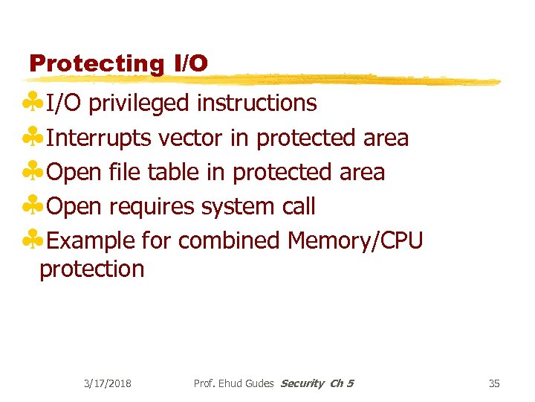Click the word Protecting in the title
(95, 63)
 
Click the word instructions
(256, 103)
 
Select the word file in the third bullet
(124, 172)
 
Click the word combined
(229, 240)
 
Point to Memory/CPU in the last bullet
(354, 240)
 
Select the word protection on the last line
(92, 269)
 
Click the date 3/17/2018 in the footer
(108, 383)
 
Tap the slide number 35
(494, 383)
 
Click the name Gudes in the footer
(258, 383)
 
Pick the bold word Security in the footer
(302, 383)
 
